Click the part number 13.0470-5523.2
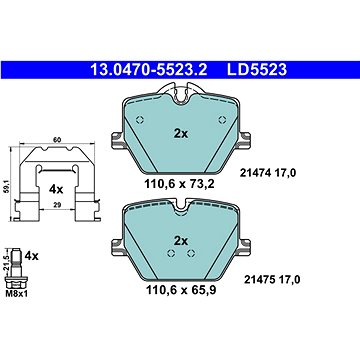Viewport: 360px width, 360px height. click(x=149, y=70)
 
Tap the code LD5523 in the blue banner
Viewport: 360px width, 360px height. click(x=257, y=70)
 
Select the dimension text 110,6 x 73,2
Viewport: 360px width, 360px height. click(x=179, y=183)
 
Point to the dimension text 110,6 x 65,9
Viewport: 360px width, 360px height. click(x=181, y=290)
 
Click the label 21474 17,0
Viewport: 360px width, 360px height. click(x=268, y=173)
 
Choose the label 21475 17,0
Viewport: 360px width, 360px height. click(x=272, y=279)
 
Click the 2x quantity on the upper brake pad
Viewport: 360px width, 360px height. click(x=181, y=134)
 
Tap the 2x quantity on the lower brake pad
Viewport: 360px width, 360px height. click(x=181, y=241)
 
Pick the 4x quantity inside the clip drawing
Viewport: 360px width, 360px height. click(x=56, y=190)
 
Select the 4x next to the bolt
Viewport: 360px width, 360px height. click(x=32, y=256)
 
